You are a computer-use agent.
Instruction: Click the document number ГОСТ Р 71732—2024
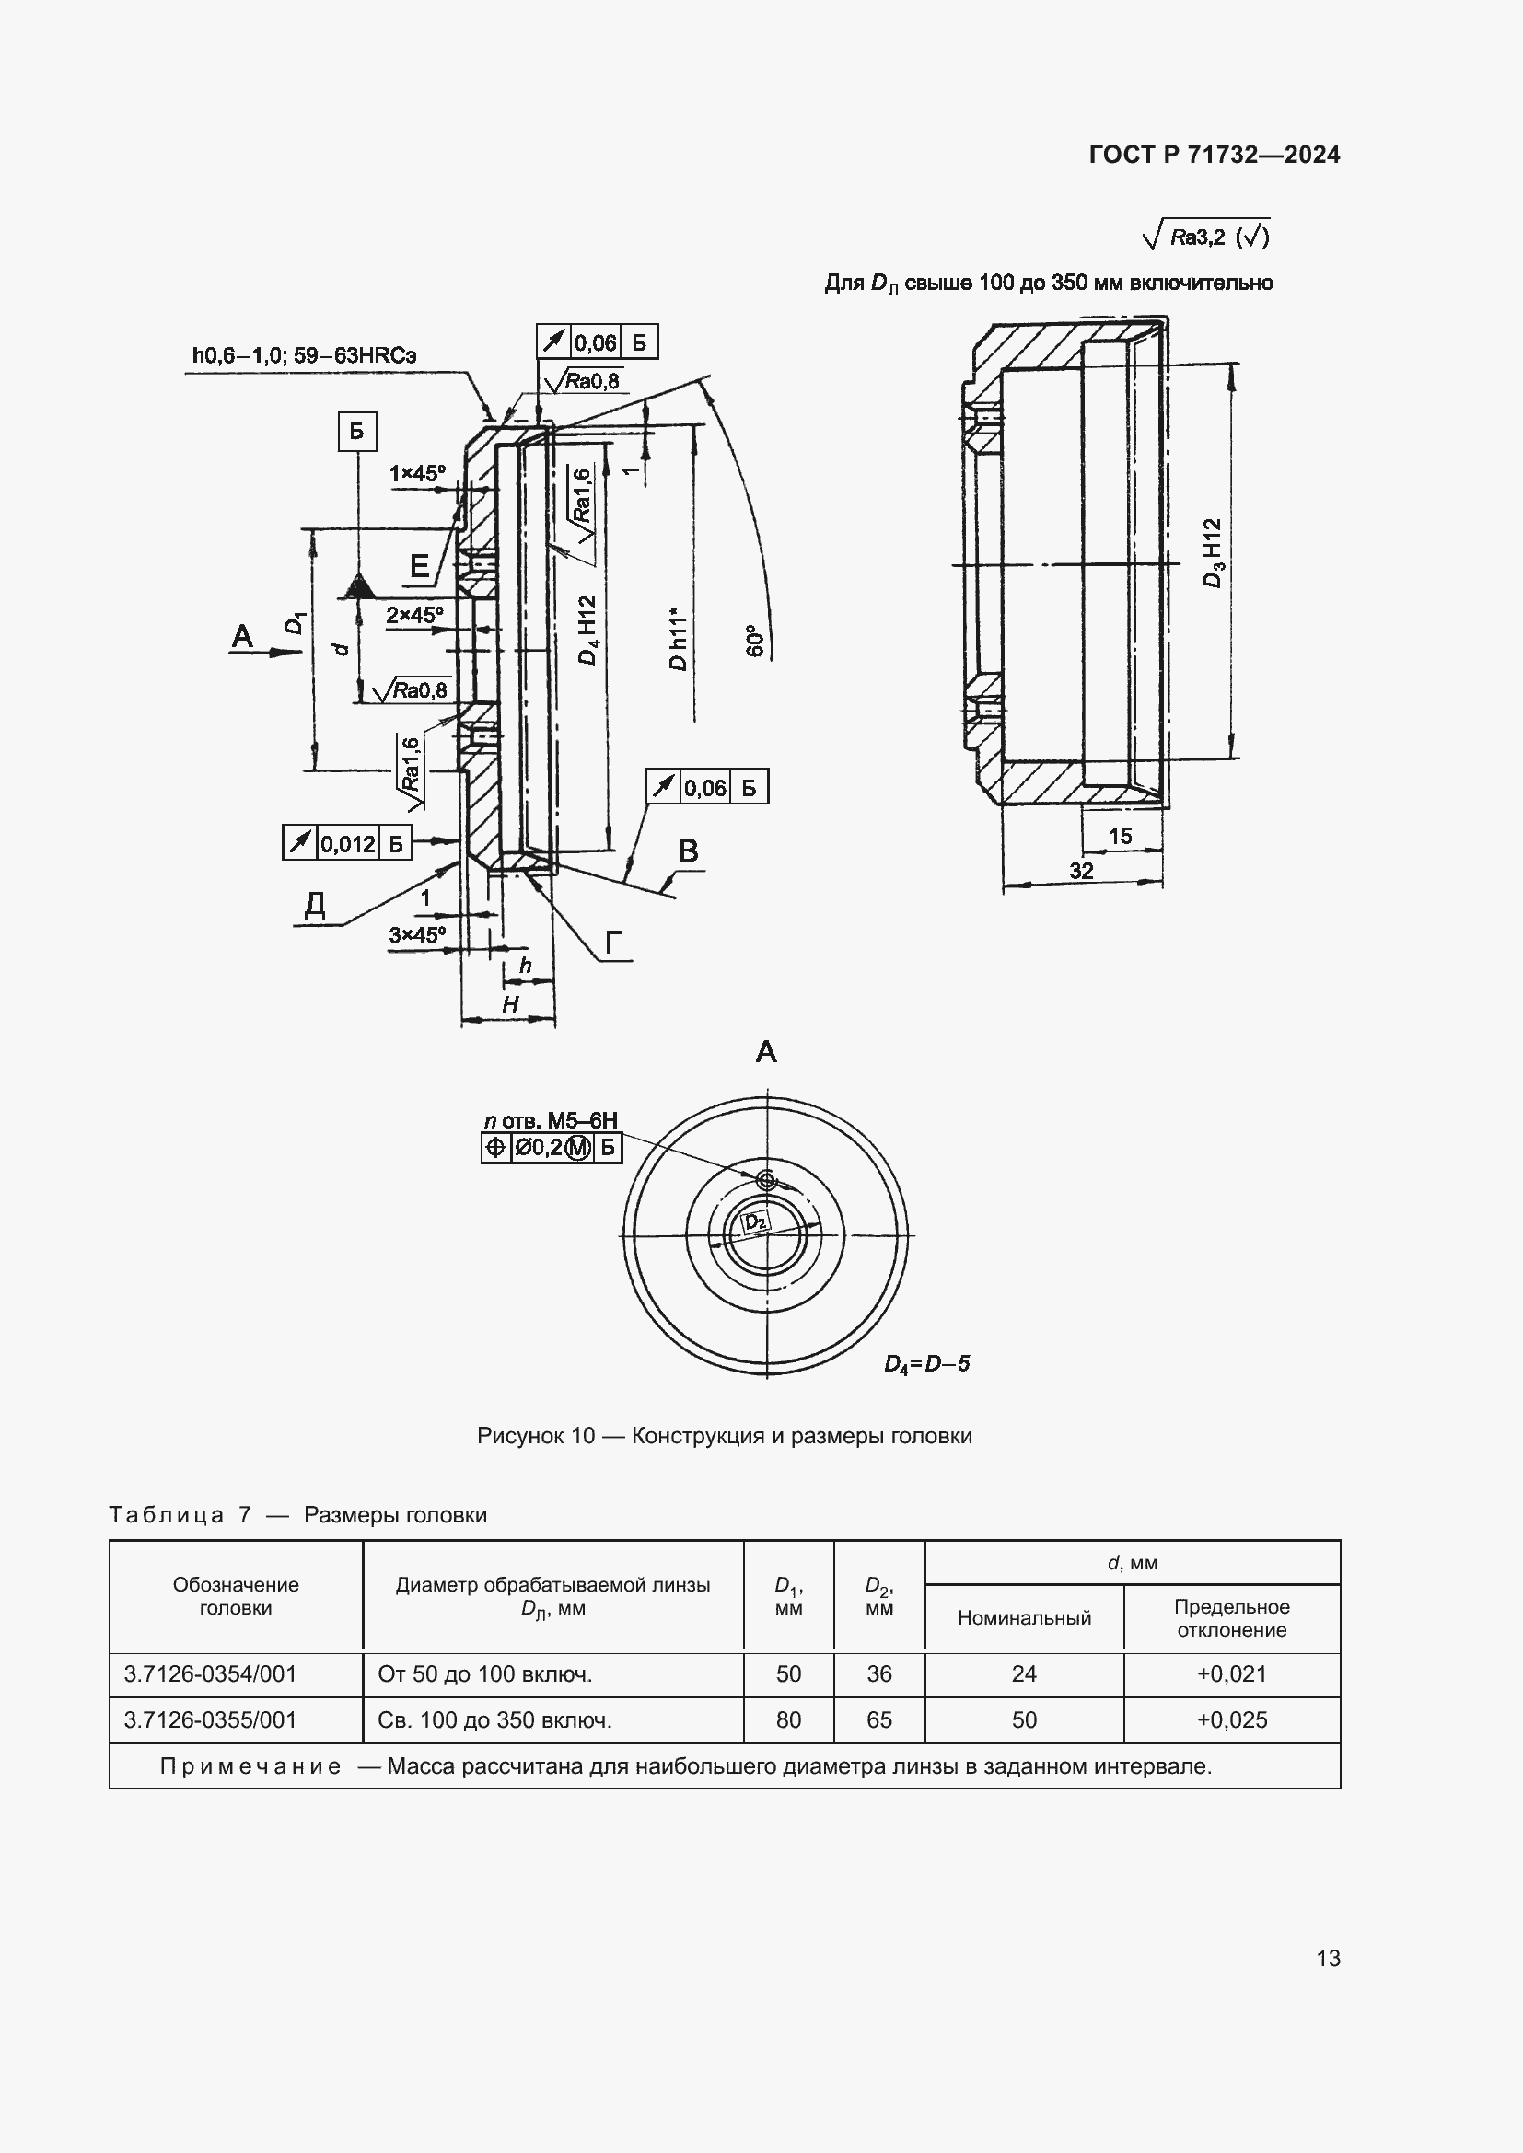(1215, 155)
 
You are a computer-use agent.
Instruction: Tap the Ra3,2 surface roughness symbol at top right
(1206, 236)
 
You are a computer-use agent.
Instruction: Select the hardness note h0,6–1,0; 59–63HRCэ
(304, 355)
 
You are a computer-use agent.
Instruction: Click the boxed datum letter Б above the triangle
(356, 432)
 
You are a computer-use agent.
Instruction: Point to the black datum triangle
(357, 588)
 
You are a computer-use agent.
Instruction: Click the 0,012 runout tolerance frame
(347, 843)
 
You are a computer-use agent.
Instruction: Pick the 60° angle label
(755, 640)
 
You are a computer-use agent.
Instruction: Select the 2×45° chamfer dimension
(413, 615)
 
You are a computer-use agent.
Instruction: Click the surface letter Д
(315, 905)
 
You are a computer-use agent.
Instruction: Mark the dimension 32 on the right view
(1081, 870)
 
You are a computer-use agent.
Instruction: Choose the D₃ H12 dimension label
(1213, 553)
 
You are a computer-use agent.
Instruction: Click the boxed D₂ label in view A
(756, 1221)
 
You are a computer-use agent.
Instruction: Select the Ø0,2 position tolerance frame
(552, 1147)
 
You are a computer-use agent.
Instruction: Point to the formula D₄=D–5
(926, 1363)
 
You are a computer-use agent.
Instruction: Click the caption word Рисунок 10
(536, 1436)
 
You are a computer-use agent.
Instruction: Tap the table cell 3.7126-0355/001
(210, 1719)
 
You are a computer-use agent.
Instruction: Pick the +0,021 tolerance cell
(1231, 1673)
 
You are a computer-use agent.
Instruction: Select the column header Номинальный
(1024, 1617)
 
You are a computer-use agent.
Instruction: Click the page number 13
(1328, 1958)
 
